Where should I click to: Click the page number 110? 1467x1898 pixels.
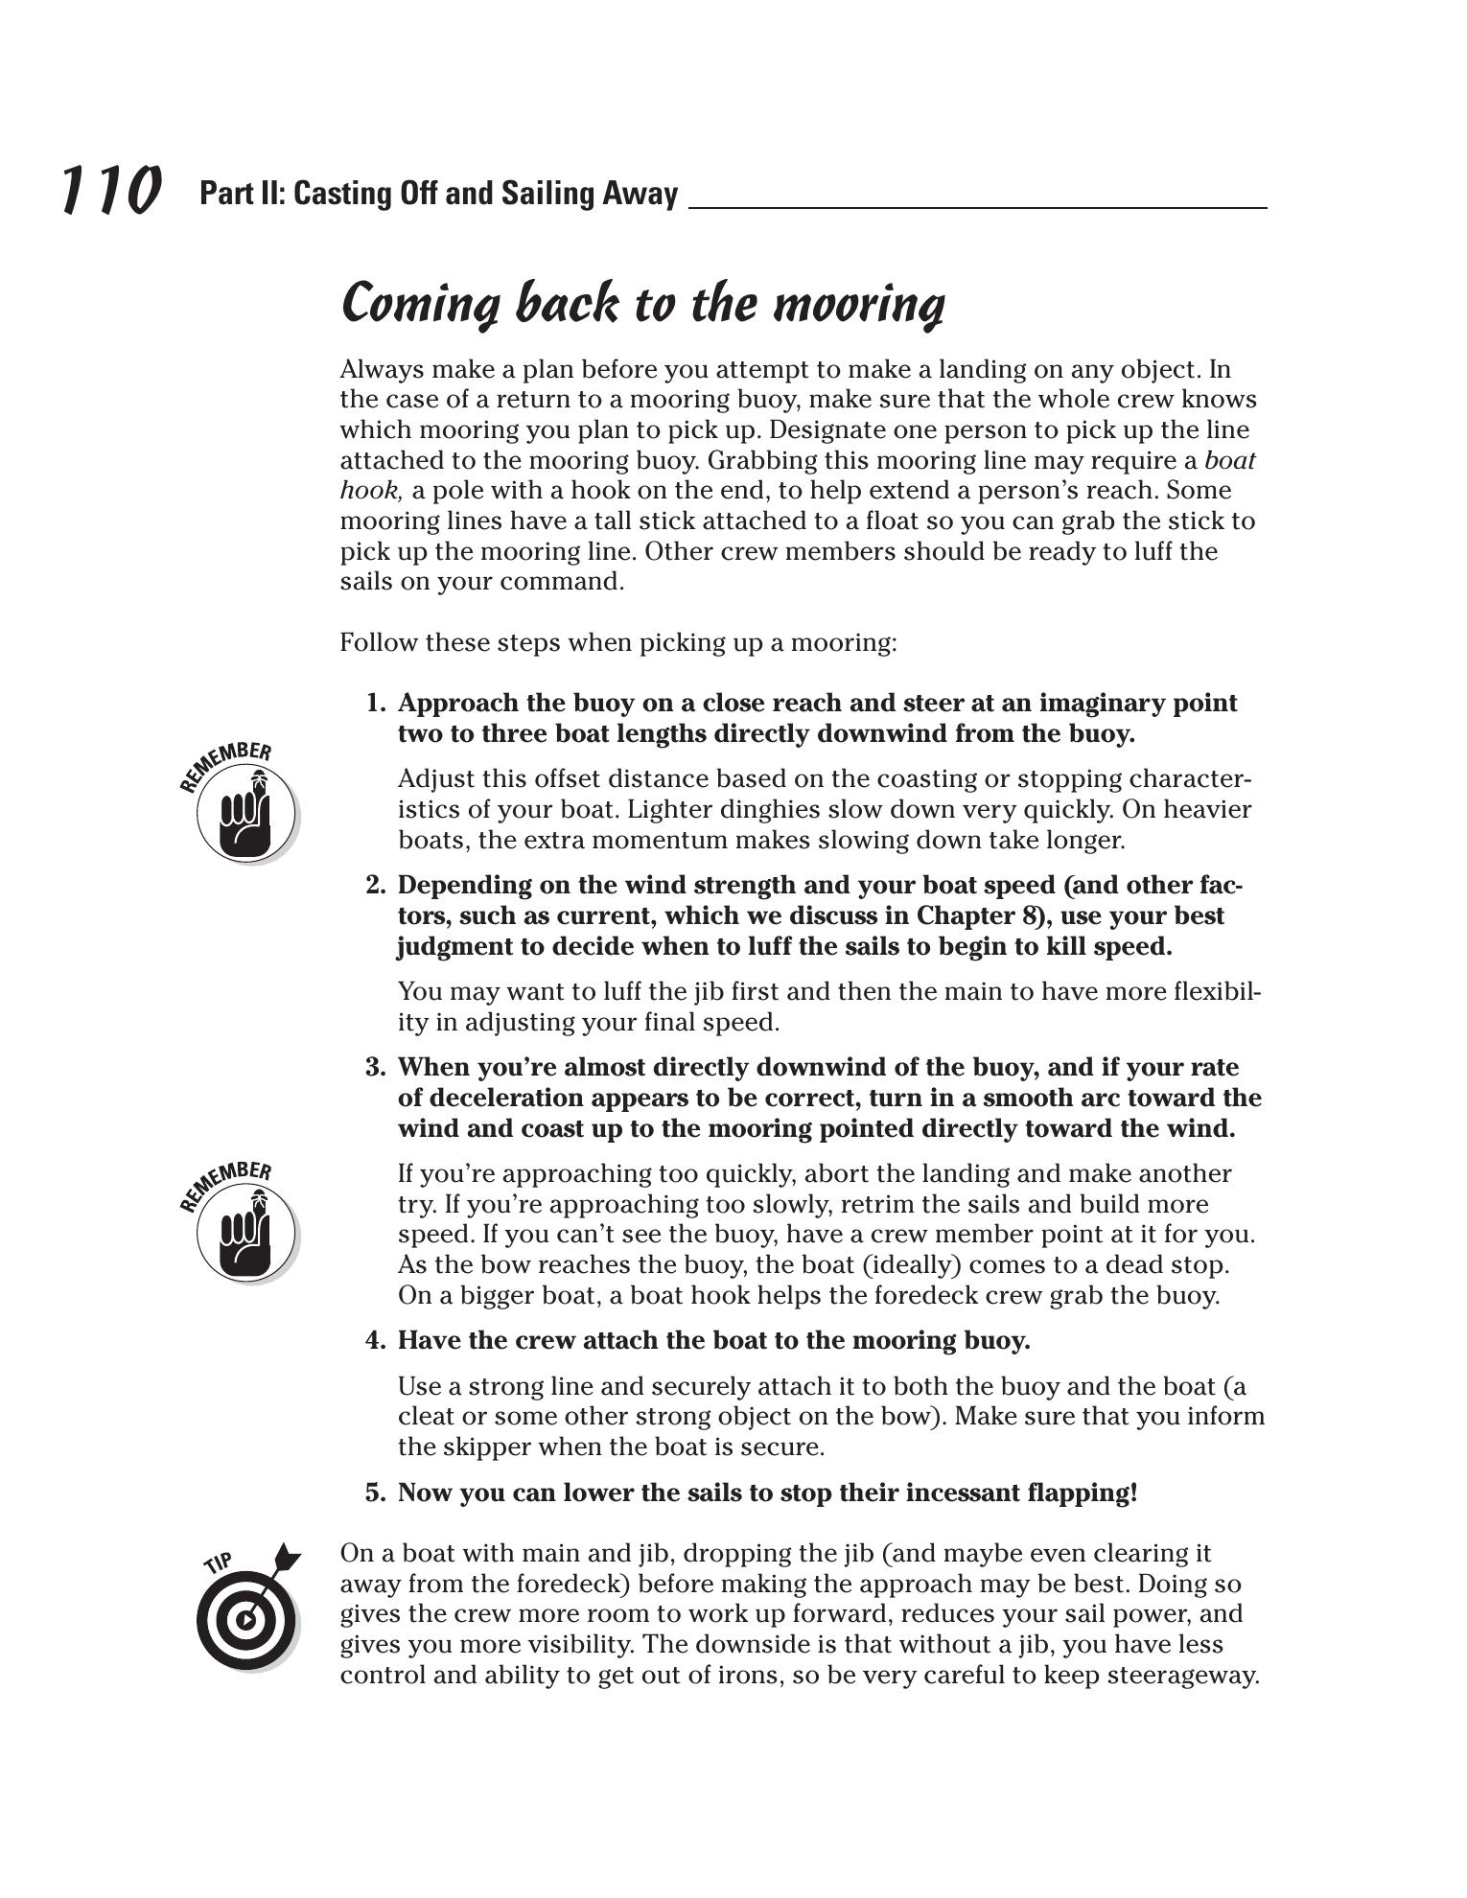point(110,190)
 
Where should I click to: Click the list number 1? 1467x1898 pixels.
point(375,704)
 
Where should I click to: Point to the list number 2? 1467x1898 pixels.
point(375,886)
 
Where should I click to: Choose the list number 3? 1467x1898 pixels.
point(375,1068)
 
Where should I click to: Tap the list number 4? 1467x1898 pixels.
point(375,1341)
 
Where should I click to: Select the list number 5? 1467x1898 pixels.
point(375,1493)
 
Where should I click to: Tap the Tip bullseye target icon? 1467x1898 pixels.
point(244,1620)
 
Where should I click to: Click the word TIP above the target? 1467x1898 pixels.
point(219,1563)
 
